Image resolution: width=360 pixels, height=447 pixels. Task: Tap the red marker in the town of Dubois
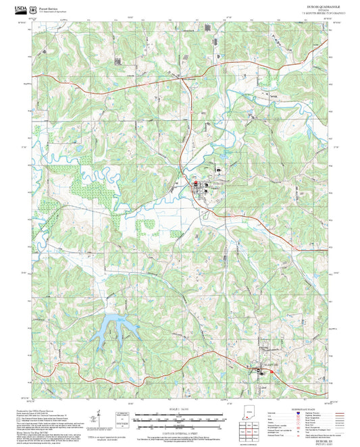(196, 184)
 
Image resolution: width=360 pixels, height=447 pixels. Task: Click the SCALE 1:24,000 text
(180, 408)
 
